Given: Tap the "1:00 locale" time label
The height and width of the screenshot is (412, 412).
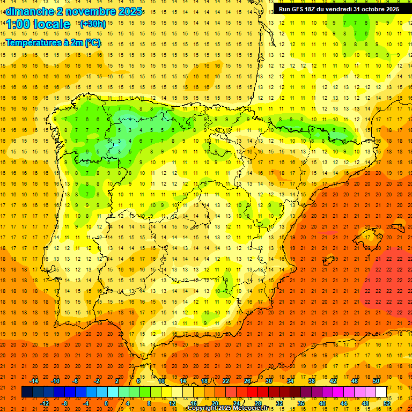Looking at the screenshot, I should (39, 24).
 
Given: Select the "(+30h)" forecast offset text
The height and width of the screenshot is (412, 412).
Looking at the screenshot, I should (93, 24).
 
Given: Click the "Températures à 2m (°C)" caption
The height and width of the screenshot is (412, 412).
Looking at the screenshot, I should (54, 43).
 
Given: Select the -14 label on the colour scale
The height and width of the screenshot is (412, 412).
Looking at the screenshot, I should (34, 381).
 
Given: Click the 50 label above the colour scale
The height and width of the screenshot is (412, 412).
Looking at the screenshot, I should (376, 381).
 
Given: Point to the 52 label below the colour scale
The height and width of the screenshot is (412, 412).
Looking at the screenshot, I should (386, 403).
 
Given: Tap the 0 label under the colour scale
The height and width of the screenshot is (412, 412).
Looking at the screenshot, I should (106, 403).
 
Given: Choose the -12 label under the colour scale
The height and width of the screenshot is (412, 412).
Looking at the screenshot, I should (45, 403).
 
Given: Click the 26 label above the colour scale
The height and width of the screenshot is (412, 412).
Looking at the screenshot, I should (247, 381).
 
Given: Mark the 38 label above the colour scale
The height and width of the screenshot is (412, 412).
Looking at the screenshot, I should (312, 381).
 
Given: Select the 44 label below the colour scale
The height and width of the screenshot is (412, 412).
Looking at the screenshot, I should (343, 403).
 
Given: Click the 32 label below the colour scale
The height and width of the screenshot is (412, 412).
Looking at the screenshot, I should (279, 403).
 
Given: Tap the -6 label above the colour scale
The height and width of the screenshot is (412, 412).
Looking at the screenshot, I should (76, 381).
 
